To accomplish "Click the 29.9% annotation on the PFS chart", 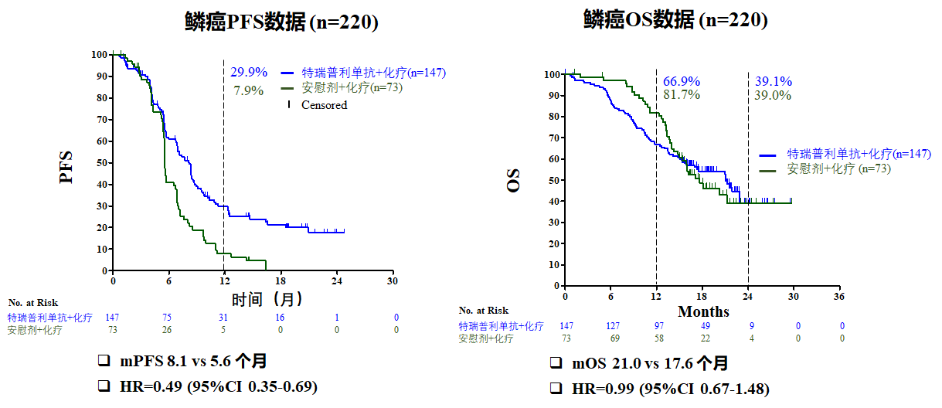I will tap(249, 73).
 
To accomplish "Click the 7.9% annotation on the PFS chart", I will tap(249, 90).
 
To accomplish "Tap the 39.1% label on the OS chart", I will tap(773, 82).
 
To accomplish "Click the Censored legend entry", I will tap(324, 105).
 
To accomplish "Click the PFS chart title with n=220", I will tap(281, 22).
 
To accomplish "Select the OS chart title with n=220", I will tap(675, 21).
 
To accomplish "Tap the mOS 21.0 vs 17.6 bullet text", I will tap(650, 364).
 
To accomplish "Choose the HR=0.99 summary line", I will tap(670, 389).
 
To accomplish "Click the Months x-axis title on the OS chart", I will tap(703, 312).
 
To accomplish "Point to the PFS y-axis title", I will tap(67, 167).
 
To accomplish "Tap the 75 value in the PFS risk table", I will tap(168, 318).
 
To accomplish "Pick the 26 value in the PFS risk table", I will tap(168, 330).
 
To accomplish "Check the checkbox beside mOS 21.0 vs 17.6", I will tap(556, 364).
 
